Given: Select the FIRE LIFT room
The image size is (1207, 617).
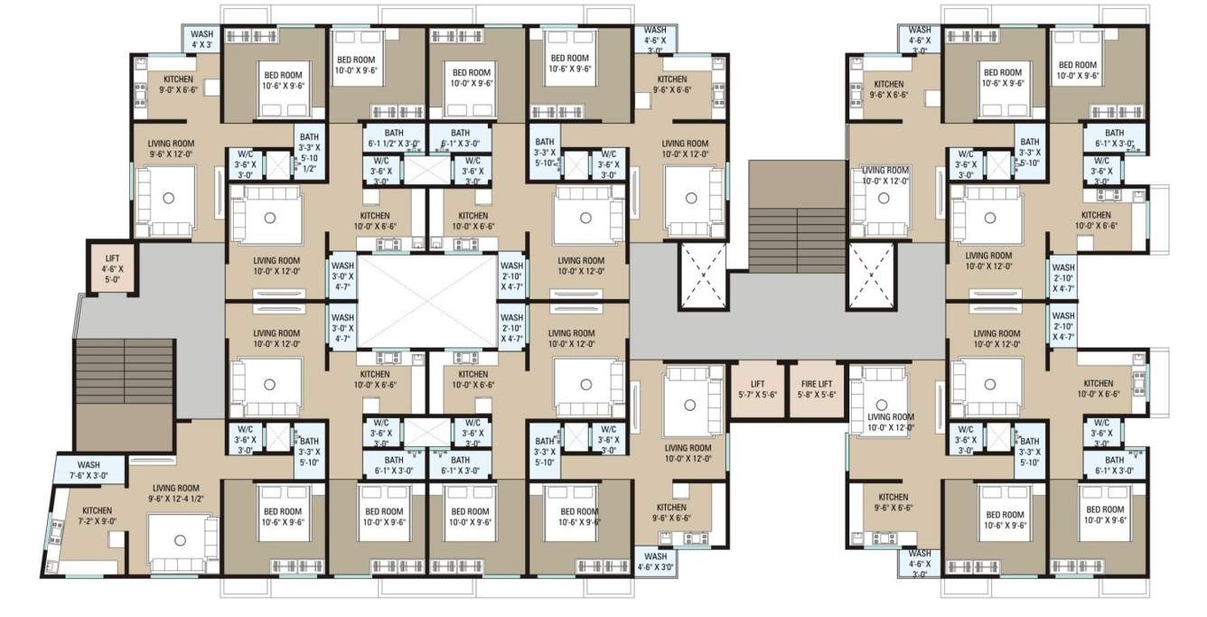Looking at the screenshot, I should (816, 389).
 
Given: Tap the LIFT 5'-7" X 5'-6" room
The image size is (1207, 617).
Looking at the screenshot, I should (757, 389).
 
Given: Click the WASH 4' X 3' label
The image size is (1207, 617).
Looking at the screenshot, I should (201, 39).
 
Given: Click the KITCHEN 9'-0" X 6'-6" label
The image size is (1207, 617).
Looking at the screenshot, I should (178, 85).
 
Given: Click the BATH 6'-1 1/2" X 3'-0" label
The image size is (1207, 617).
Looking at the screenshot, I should (393, 138).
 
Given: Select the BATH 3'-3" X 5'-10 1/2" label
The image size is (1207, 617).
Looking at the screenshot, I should (309, 153).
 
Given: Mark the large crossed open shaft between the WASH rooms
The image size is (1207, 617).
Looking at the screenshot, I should (428, 299).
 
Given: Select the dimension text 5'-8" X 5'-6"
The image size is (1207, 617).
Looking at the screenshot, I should (816, 396).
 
